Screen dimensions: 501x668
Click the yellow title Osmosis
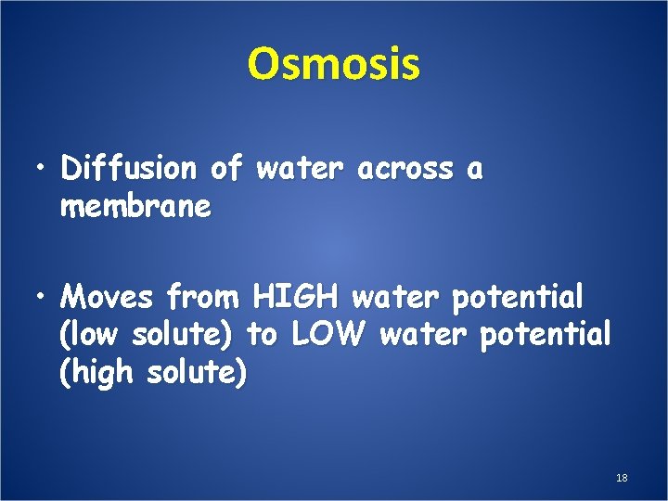point(334,64)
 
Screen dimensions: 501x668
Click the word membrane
point(135,207)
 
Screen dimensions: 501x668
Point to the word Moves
point(108,298)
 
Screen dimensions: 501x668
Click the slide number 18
point(622,478)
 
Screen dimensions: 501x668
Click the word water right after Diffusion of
point(287,170)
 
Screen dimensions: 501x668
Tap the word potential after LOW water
point(546,336)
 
